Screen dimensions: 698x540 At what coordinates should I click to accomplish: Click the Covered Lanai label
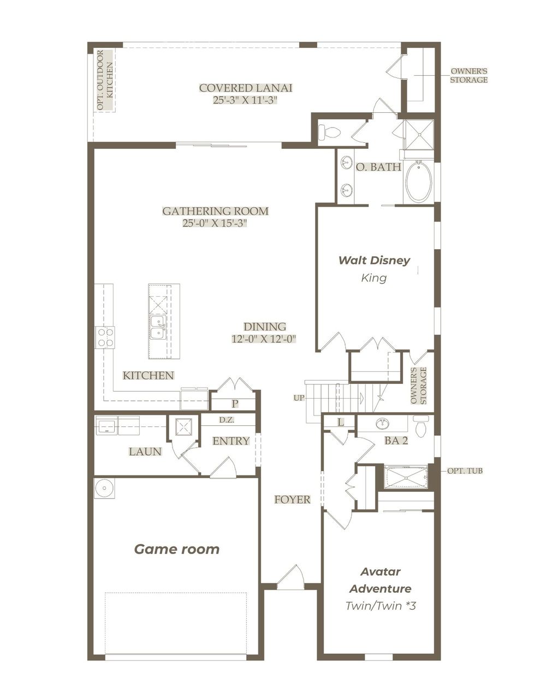(245, 88)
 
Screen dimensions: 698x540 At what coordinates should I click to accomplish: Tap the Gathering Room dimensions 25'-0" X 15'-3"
(215, 224)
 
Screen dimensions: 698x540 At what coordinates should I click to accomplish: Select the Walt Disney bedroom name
(374, 261)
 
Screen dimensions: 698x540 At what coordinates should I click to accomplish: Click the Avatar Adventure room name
(380, 580)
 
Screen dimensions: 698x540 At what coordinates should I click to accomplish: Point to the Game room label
(177, 549)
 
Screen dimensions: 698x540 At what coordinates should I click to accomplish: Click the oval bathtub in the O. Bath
(418, 182)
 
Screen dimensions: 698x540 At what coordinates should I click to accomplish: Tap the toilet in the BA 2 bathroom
(420, 428)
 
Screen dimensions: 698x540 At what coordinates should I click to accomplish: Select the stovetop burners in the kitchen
(105, 336)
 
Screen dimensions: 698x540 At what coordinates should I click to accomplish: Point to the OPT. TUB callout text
(465, 471)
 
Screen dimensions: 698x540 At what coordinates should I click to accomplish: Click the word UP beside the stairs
(299, 398)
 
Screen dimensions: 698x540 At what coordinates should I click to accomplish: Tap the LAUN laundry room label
(145, 452)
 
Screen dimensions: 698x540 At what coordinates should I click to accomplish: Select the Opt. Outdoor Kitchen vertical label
(104, 80)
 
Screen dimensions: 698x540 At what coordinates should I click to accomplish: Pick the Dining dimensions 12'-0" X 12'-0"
(264, 339)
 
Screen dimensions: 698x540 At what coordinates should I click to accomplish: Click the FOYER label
(292, 499)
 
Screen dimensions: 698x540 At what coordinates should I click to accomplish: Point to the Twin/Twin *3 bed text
(381, 605)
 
